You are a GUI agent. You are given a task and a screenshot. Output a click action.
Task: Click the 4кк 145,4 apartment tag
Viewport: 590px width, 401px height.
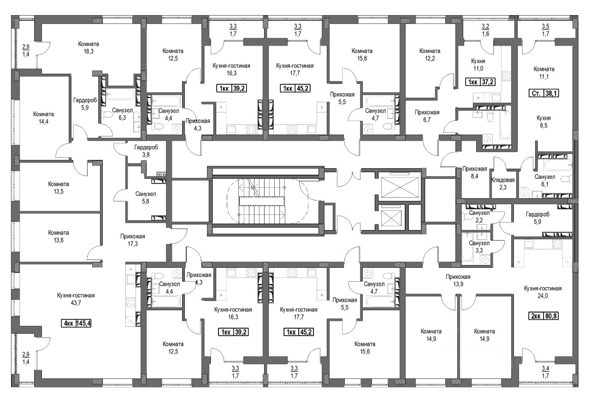(x=76, y=323)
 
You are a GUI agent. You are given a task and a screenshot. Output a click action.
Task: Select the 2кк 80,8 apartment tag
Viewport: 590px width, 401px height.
(x=544, y=316)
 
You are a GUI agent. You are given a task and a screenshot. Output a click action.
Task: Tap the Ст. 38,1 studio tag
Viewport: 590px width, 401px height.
(x=544, y=93)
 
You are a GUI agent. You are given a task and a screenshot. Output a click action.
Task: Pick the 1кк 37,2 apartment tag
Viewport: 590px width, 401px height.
(x=481, y=82)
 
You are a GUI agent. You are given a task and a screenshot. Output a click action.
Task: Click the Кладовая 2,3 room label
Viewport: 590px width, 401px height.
(x=503, y=183)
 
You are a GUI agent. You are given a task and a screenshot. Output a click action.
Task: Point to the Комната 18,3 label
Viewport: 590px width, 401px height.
(x=88, y=47)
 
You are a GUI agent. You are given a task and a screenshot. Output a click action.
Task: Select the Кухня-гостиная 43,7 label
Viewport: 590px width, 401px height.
(x=76, y=299)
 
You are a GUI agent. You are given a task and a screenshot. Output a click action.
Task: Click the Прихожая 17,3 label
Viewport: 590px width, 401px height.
(x=132, y=240)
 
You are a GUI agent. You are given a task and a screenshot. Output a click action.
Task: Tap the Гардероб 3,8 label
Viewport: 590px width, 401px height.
(x=146, y=151)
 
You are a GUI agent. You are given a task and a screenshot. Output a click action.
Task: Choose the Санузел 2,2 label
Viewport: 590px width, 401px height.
(x=479, y=216)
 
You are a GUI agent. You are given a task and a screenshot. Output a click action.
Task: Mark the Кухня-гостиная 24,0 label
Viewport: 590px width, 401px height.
(x=543, y=292)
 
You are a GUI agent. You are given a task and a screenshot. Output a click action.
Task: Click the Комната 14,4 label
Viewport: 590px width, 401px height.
(x=43, y=118)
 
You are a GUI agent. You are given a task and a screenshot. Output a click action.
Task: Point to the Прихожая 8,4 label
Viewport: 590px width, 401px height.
(x=475, y=172)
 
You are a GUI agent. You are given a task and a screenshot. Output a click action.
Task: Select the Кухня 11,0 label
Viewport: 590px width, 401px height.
(x=478, y=65)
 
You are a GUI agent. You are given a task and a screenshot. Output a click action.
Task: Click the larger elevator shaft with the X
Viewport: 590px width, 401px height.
(x=400, y=187)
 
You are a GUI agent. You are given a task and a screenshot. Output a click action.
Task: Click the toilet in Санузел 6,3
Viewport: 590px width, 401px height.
(x=107, y=115)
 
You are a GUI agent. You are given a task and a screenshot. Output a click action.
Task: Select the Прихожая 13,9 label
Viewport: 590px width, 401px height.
(x=458, y=281)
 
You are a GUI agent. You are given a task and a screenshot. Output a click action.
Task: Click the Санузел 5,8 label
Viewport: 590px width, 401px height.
(x=145, y=198)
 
